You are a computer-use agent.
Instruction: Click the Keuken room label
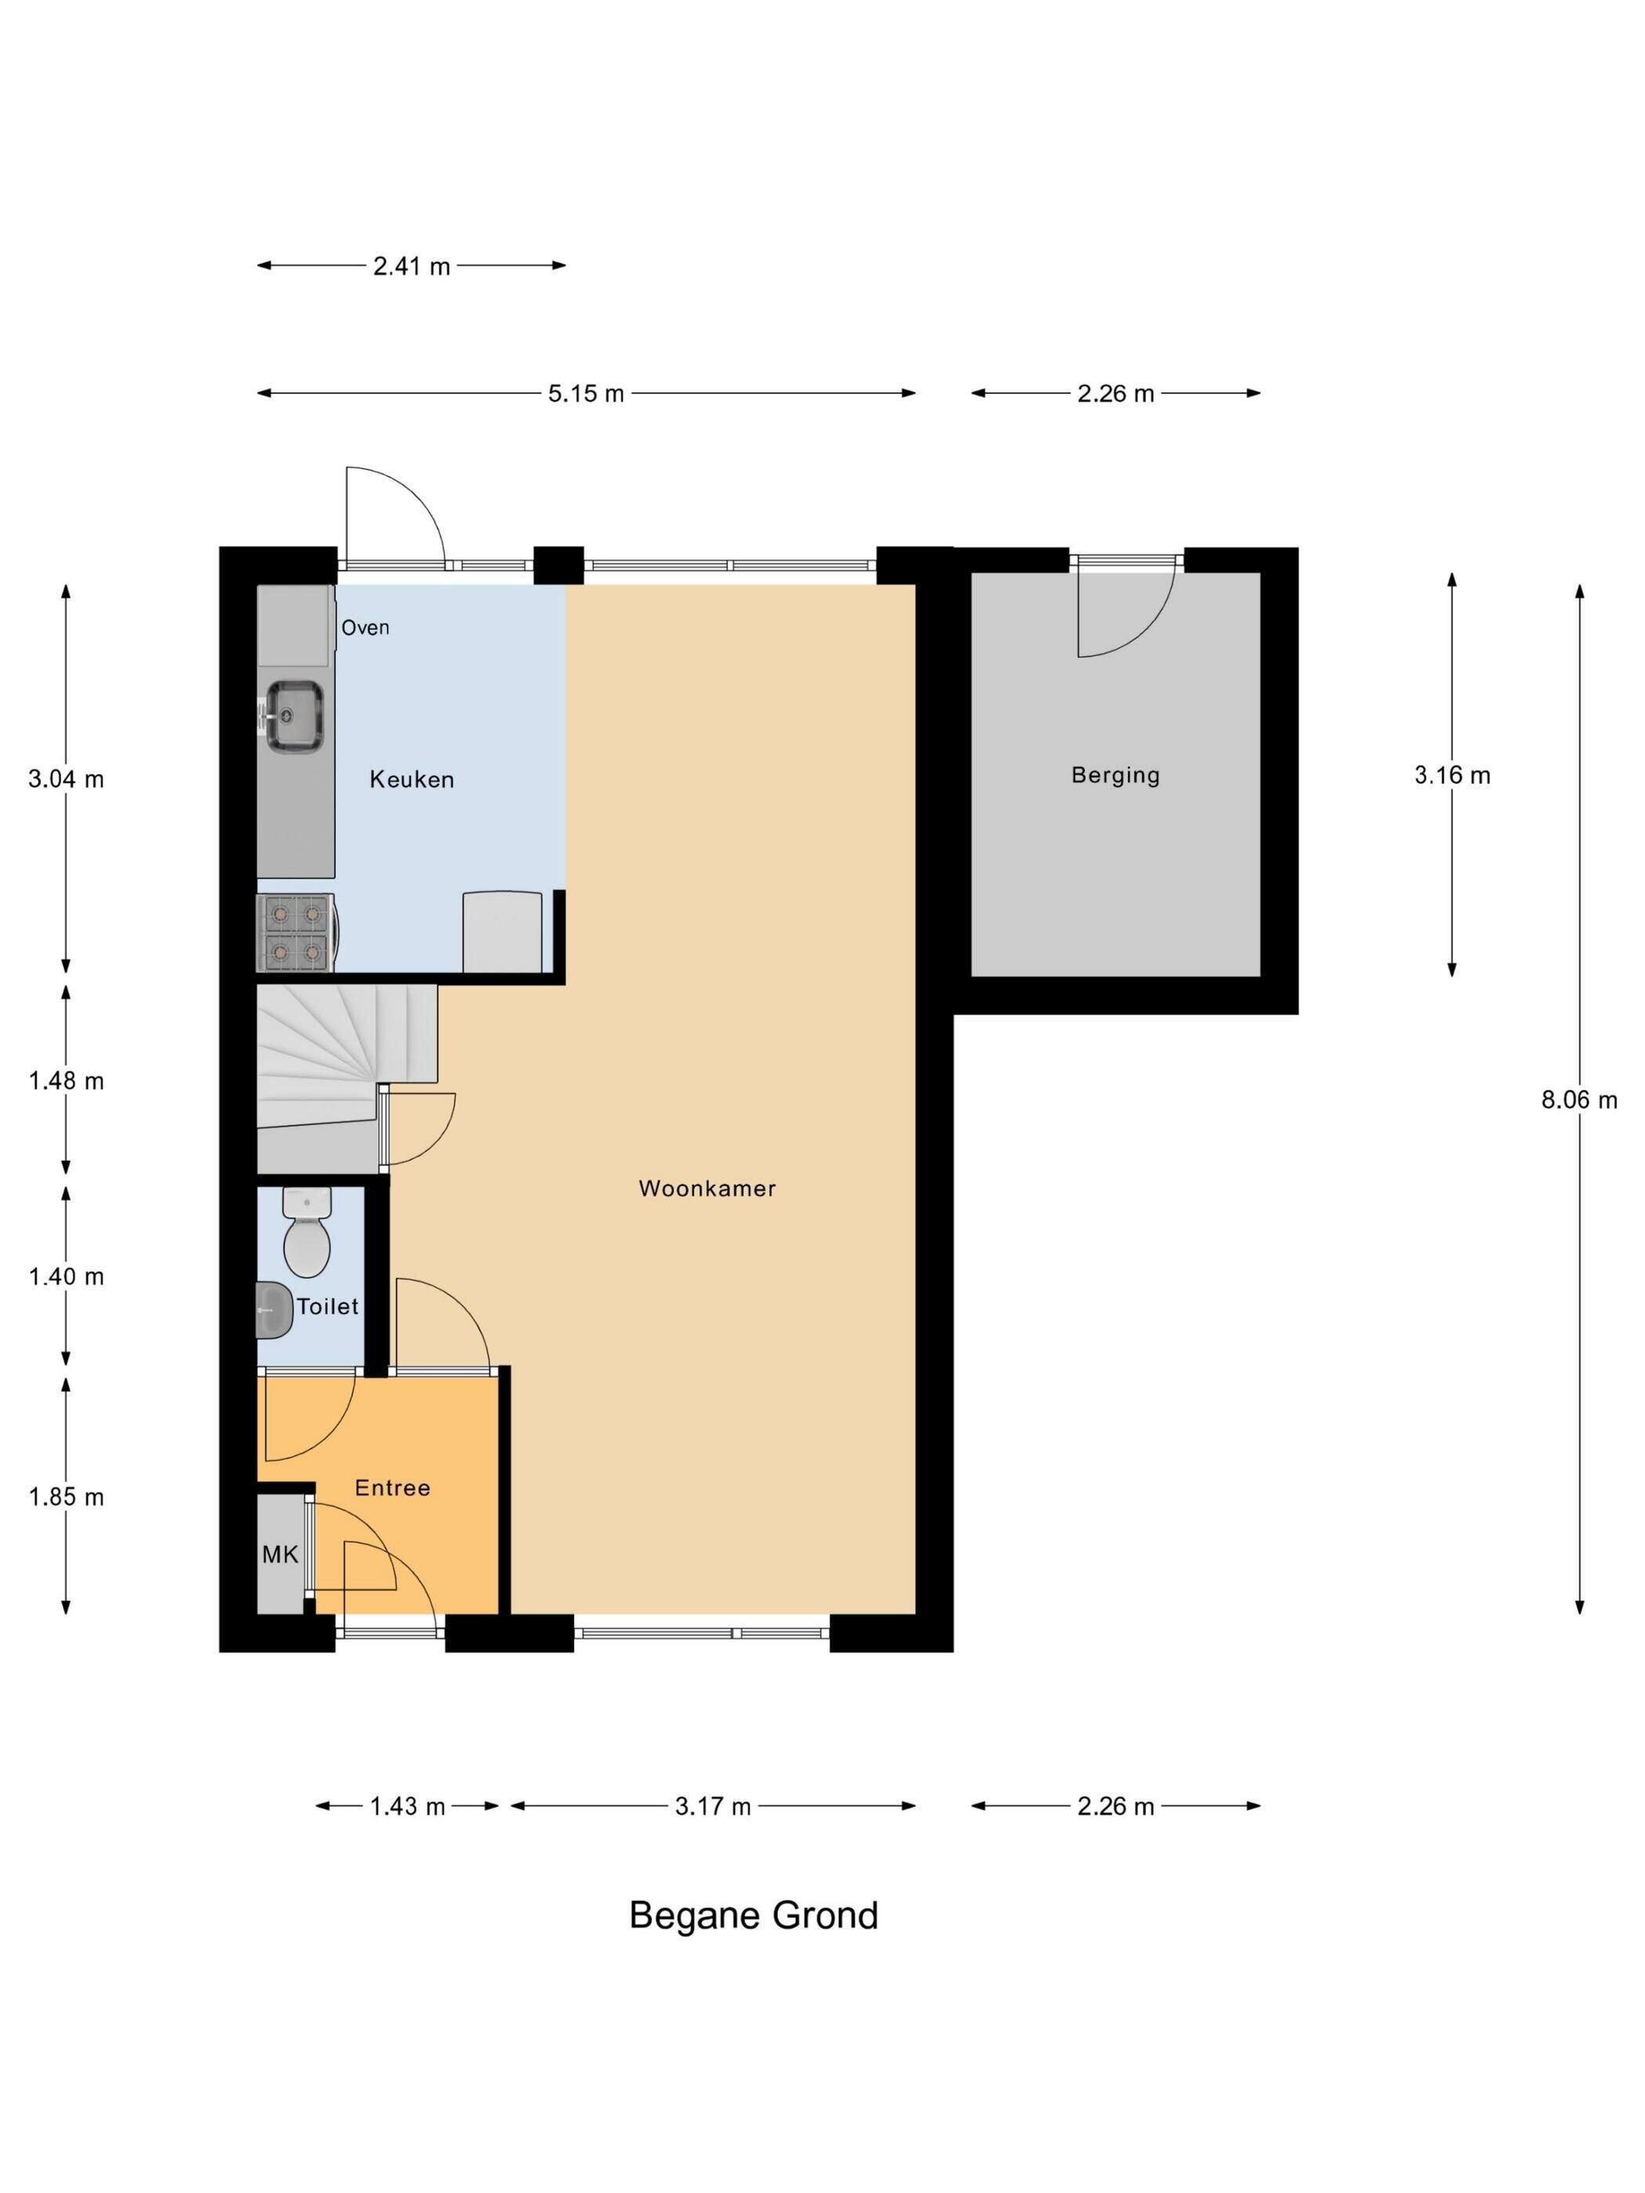click(x=411, y=779)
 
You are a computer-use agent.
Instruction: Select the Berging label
click(x=1115, y=775)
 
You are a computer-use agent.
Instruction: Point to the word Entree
click(x=392, y=1487)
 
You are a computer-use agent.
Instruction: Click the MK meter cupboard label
click(x=280, y=1554)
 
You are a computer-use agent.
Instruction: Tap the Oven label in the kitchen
click(x=365, y=627)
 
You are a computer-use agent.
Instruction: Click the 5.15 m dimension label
click(x=586, y=394)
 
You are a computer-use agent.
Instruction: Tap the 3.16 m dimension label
click(x=1452, y=775)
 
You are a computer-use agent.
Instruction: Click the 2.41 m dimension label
click(x=411, y=266)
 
